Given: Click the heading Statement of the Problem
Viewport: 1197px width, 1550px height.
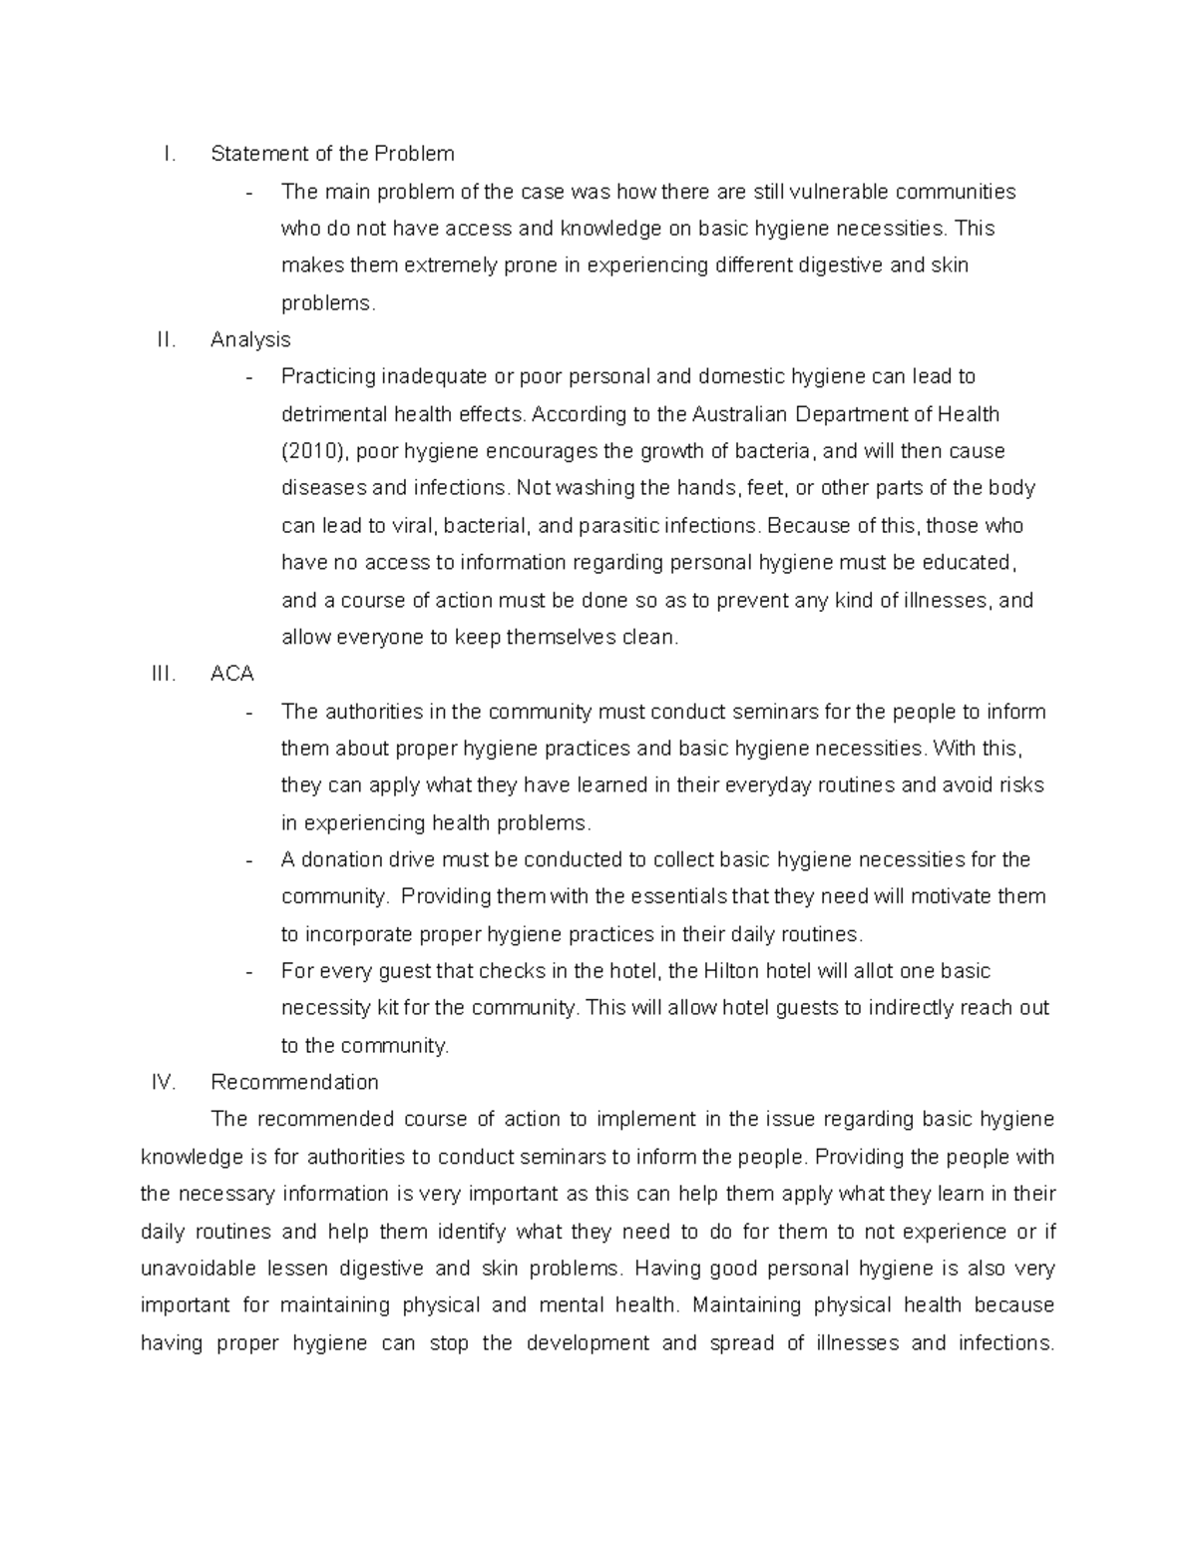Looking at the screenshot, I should tap(332, 154).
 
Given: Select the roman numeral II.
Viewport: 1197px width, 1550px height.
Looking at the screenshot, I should tap(167, 339).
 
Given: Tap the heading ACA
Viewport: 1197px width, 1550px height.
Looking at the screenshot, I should tap(231, 674).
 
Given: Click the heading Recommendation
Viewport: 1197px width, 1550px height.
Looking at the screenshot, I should tap(294, 1082).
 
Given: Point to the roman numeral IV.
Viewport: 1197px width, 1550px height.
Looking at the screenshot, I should tap(164, 1082).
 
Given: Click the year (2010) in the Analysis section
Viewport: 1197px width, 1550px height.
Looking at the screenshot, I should tap(315, 451).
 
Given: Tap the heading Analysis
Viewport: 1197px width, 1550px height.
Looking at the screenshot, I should tap(250, 339).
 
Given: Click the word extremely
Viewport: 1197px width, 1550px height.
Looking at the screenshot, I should tap(420, 265).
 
